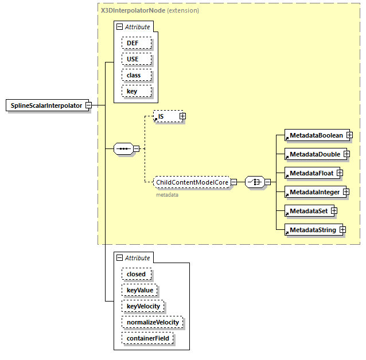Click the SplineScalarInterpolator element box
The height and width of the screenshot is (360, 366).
46,105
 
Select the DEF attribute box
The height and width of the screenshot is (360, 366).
137,43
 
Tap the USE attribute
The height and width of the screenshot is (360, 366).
137,59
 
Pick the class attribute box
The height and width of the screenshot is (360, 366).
137,75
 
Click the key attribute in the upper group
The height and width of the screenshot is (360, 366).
137,91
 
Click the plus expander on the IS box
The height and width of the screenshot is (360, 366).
182,116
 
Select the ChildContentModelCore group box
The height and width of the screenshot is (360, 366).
192,182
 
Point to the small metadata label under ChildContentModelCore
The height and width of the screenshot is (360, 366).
167,195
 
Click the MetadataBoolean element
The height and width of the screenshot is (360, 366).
316,135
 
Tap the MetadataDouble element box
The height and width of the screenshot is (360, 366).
314,154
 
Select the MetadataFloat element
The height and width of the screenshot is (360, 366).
311,173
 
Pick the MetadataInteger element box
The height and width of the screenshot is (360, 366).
314,192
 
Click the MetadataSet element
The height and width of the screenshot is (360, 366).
308,211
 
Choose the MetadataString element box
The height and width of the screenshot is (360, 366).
313,230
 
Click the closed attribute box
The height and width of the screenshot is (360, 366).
137,274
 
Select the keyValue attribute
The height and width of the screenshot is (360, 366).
139,290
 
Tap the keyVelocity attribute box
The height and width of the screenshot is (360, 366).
143,306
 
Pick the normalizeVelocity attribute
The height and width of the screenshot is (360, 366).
152,322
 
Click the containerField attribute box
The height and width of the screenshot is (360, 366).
147,338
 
